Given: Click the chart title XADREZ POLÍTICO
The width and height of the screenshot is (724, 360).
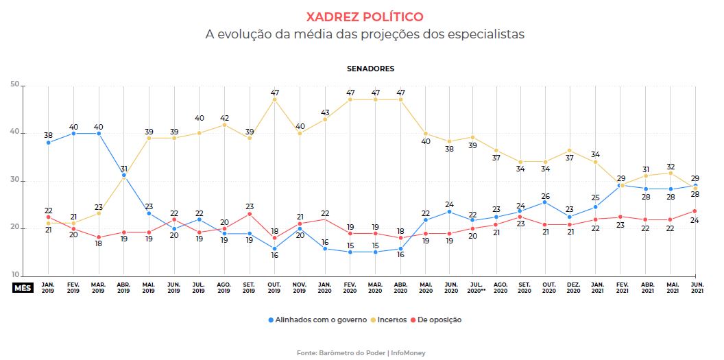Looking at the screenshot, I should click(x=364, y=16).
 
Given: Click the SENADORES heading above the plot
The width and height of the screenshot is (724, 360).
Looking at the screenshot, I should click(x=370, y=69).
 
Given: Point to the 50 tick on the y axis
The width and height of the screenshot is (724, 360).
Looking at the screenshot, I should click(x=14, y=84).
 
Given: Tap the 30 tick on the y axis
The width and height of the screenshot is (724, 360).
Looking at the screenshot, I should click(x=14, y=180).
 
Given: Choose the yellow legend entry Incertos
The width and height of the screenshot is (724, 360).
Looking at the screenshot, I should click(x=391, y=320).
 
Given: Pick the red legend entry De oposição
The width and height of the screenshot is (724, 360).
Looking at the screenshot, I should click(x=436, y=320).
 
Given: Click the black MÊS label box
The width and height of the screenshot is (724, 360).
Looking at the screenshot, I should click(x=21, y=288).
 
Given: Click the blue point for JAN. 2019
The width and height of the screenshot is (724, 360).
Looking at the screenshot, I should click(x=48, y=143).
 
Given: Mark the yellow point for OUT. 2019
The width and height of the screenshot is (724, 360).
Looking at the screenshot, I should click(x=274, y=99).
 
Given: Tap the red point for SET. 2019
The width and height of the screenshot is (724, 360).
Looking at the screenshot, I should click(x=250, y=214).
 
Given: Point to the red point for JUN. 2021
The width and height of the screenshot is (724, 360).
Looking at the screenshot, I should click(x=695, y=211).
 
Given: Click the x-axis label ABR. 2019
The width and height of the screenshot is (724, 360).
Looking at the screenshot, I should click(x=123, y=288).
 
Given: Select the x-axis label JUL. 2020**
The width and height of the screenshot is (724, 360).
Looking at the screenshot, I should click(x=475, y=288).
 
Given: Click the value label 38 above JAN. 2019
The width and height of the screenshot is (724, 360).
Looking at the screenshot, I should click(x=48, y=135).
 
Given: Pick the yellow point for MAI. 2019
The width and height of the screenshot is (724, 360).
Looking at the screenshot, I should click(x=149, y=138).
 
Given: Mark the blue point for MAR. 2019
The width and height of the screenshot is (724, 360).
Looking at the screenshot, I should click(x=99, y=133).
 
